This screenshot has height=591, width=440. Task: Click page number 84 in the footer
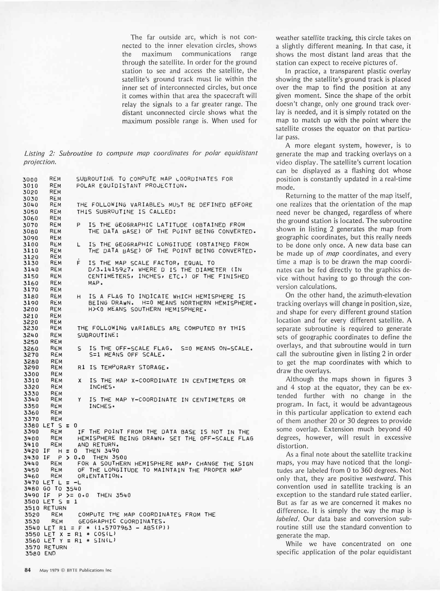pos(28,570)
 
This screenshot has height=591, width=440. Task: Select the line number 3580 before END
pos(32,553)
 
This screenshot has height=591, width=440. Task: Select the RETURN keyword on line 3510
pos(55,508)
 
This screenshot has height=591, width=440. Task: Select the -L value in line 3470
pos(78,482)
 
